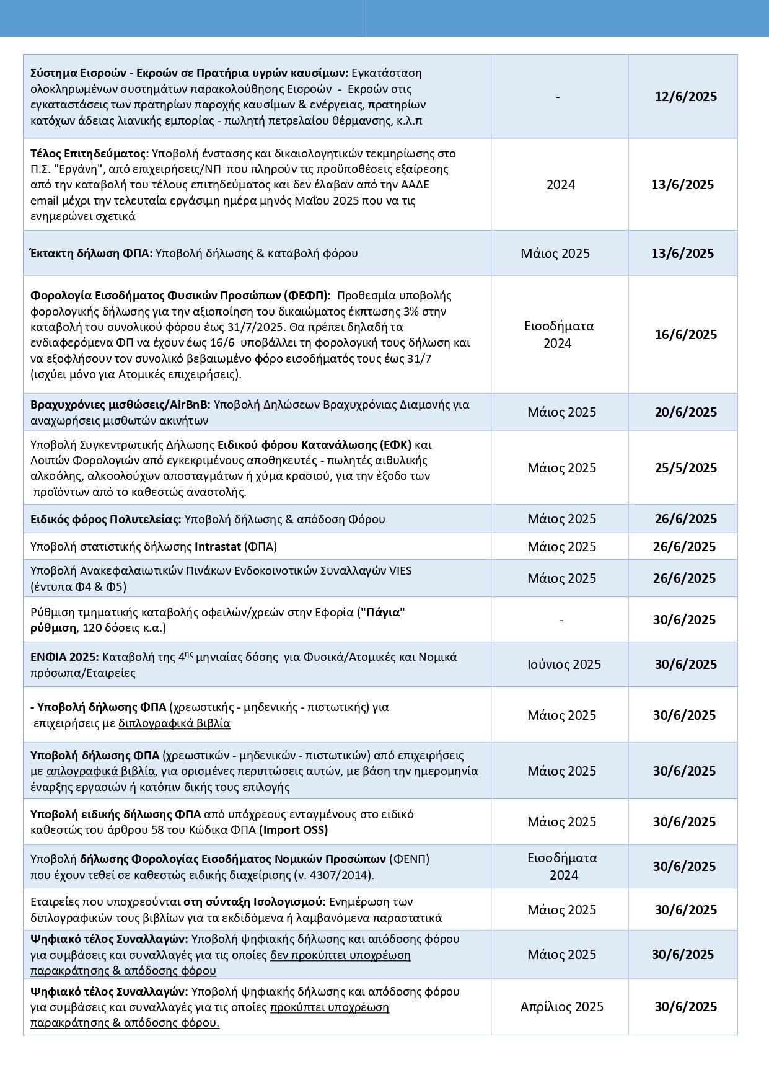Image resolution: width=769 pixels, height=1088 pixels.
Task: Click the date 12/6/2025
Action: coord(685,97)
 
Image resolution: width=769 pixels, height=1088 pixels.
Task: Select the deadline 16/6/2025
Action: coord(685,335)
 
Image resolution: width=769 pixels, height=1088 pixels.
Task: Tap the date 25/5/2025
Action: coord(685,468)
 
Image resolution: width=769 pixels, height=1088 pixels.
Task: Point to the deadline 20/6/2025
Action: coord(685,412)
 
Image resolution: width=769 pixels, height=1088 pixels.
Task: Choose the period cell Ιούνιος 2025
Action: coord(564,665)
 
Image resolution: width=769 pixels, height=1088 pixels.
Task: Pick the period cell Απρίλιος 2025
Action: coord(561,1007)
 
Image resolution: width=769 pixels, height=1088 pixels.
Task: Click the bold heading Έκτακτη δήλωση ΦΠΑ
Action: coord(91,254)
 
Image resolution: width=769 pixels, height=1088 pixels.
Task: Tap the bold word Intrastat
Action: coord(218,547)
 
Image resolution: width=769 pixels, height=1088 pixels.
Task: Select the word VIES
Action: coord(400,571)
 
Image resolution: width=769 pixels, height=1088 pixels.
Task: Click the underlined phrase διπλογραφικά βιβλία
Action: coord(174,723)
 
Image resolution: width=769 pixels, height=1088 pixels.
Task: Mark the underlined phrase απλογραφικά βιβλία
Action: coord(100,771)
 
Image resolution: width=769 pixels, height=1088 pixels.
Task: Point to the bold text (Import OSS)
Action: coord(293,830)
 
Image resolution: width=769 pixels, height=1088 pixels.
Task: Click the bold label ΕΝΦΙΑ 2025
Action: coord(64,657)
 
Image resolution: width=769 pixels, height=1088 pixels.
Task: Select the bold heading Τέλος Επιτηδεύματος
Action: coord(90,154)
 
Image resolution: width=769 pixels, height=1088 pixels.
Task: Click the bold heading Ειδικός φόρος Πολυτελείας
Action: coord(105,520)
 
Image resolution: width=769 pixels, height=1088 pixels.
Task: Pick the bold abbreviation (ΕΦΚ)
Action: coord(395,445)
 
